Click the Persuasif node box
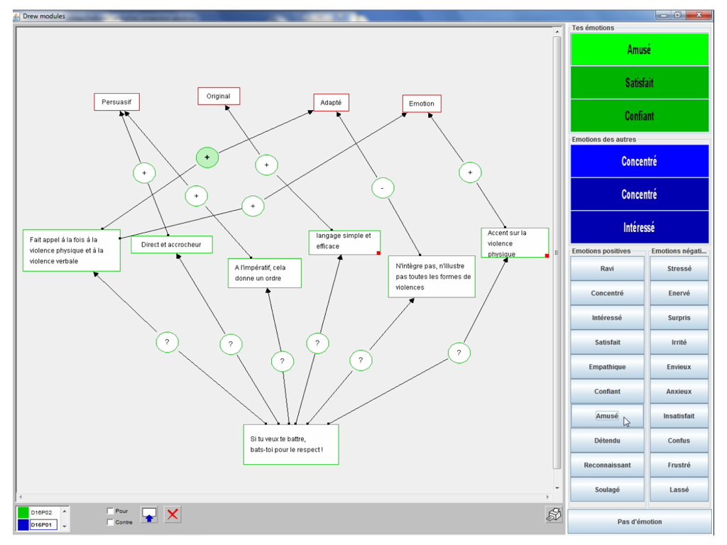(116, 102)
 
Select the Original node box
(219, 97)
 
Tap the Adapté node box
(331, 103)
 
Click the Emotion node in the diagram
(422, 104)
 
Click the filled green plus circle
(207, 158)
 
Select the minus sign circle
(383, 188)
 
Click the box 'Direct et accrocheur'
(172, 245)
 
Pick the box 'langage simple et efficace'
(344, 242)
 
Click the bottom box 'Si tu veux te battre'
(291, 444)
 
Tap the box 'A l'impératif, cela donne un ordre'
(264, 273)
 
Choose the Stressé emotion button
(679, 269)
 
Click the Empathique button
(607, 367)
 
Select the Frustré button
(679, 466)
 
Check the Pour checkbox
(110, 511)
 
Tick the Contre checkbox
(110, 522)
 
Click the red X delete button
(173, 515)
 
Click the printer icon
(554, 516)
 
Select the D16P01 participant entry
(43, 525)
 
